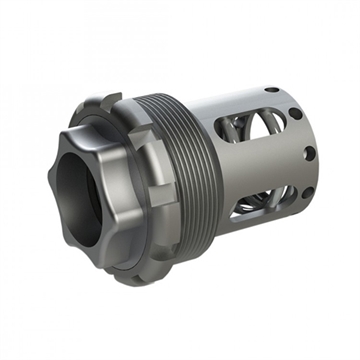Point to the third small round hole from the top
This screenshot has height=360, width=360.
point(310,153)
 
